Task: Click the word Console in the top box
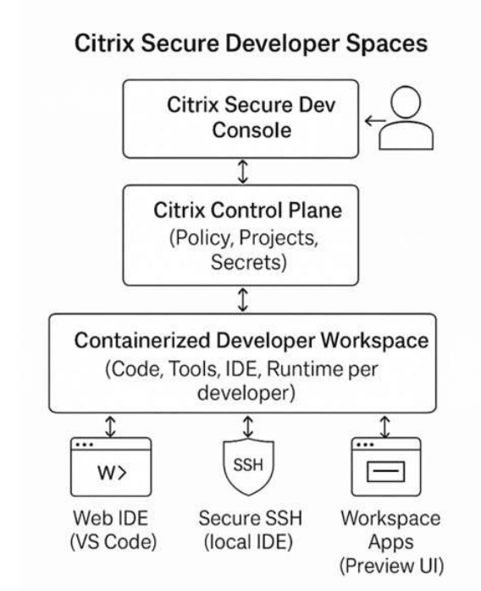tap(252, 130)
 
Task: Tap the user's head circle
tap(406, 101)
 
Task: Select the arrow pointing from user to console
tap(375, 121)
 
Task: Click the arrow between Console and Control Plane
tap(244, 171)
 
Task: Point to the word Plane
tap(315, 211)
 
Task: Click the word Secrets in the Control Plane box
tap(248, 262)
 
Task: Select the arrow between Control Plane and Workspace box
tap(244, 299)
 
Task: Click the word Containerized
tap(142, 341)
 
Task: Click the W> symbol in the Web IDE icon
tap(112, 473)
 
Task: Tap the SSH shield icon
tap(248, 468)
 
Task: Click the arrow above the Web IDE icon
tap(110, 427)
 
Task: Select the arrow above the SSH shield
tap(247, 427)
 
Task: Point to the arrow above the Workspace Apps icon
tap(384, 427)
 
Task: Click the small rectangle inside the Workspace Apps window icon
tap(385, 472)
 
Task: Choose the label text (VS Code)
tap(113, 542)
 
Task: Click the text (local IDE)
tap(248, 542)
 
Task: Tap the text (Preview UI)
tap(391, 566)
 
